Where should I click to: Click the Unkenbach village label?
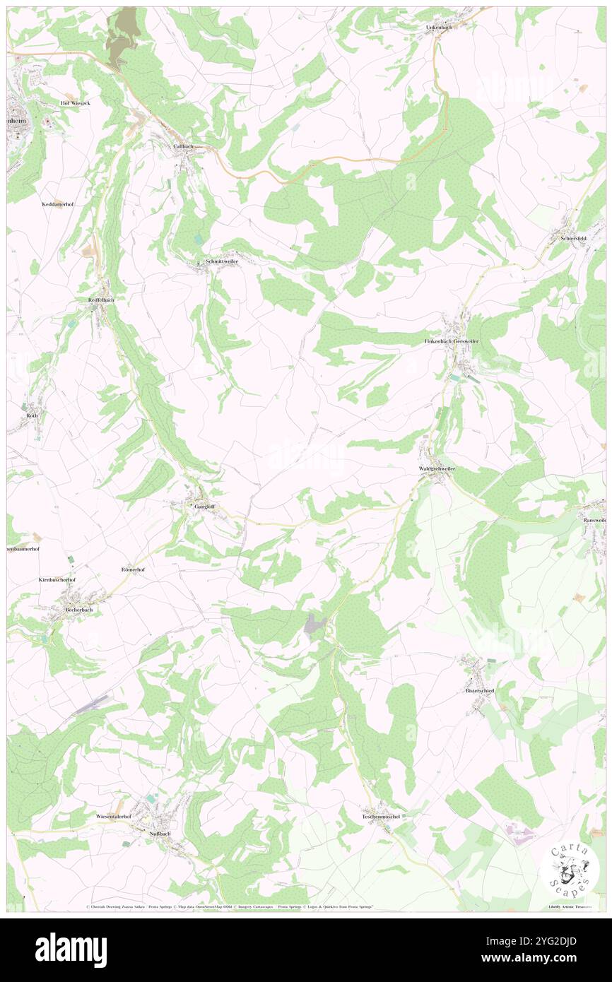(438, 27)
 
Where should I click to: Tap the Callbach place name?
(183, 146)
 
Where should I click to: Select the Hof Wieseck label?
(75, 103)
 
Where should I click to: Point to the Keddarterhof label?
(58, 203)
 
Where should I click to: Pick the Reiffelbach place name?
(101, 300)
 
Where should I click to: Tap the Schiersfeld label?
(573, 239)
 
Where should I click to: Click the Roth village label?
(33, 415)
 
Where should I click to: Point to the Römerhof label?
(133, 569)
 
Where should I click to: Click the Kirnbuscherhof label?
(57, 579)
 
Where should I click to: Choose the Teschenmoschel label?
(381, 817)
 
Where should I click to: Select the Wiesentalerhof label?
(114, 817)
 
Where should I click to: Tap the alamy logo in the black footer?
(71, 950)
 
